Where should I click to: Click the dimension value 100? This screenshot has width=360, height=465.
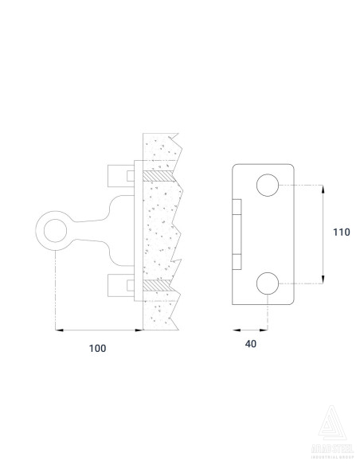point(96,348)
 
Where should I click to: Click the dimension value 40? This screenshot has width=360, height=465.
point(250,344)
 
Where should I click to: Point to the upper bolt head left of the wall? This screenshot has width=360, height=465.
point(119,174)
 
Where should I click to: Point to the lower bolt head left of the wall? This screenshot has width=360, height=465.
point(119,284)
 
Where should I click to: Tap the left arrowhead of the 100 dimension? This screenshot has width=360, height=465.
point(58,329)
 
